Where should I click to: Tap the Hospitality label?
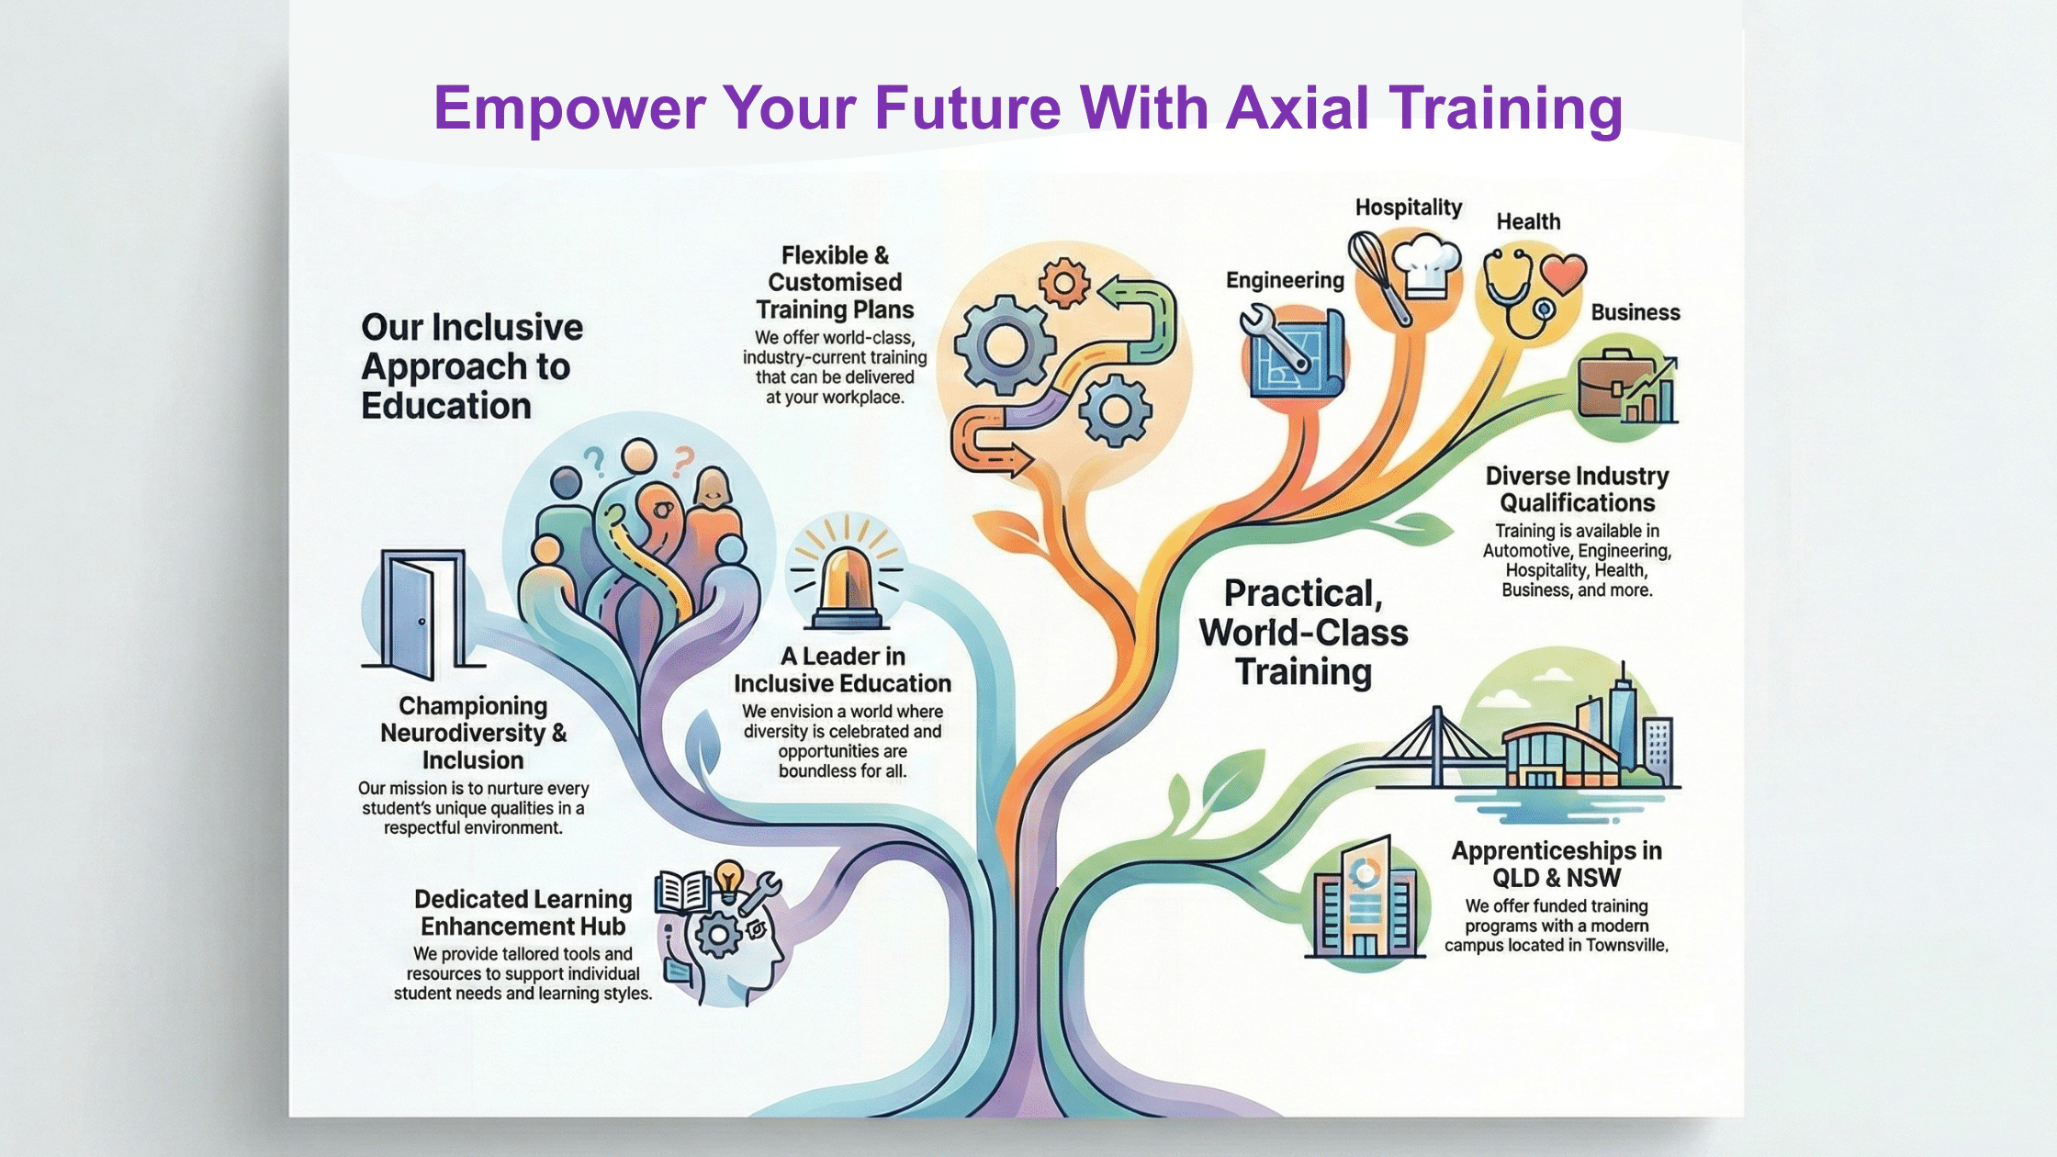pyautogui.click(x=1408, y=208)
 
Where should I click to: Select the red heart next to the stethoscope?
pyautogui.click(x=1563, y=274)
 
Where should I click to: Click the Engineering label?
pyautogui.click(x=1285, y=280)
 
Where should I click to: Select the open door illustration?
pyautogui.click(x=421, y=610)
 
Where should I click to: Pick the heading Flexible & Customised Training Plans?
pyautogui.click(x=834, y=282)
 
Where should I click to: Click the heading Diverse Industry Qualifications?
pyautogui.click(x=1577, y=489)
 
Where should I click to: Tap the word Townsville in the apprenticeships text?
pyautogui.click(x=1625, y=945)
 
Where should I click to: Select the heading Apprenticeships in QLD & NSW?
pyautogui.click(x=1556, y=863)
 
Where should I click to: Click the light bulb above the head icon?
pyautogui.click(x=728, y=877)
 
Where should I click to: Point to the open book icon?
pyautogui.click(x=681, y=891)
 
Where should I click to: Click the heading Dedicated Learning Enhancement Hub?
pyautogui.click(x=523, y=912)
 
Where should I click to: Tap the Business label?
pyautogui.click(x=1635, y=312)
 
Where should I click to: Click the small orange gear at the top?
pyautogui.click(x=1063, y=283)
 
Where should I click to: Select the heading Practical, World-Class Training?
pyautogui.click(x=1303, y=632)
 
